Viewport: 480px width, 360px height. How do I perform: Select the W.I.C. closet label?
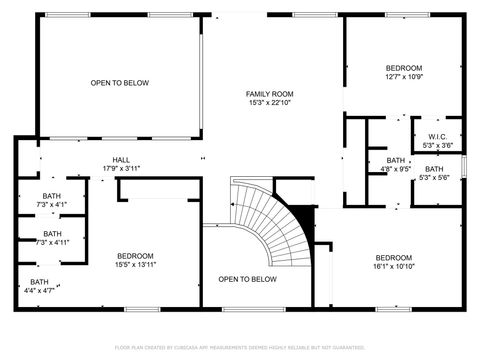point(437,136)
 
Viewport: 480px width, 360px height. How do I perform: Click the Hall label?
point(120,159)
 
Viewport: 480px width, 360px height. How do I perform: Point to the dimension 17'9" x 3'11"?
point(120,168)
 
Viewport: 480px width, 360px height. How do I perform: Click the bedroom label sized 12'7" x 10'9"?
point(405,68)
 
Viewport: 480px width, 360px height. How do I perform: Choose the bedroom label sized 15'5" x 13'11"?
point(135,255)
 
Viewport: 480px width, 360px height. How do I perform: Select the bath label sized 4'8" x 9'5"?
point(397,160)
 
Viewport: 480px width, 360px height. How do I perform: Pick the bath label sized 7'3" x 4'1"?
point(51,196)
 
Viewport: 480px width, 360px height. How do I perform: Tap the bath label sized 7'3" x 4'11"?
point(51,233)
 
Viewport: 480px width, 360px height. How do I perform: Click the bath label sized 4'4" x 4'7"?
point(39,282)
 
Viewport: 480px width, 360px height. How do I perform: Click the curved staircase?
point(268,215)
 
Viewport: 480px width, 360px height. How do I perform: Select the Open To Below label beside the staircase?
point(247,279)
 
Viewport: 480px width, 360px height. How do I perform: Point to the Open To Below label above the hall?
point(120,83)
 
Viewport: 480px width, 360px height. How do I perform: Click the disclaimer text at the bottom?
point(240,347)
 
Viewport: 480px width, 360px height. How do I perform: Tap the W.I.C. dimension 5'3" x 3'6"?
point(437,145)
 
